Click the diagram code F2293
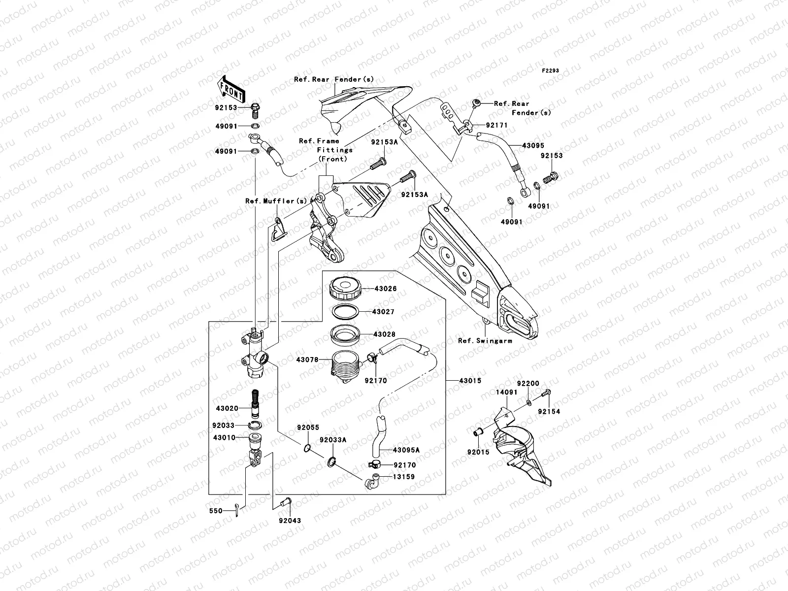(x=551, y=71)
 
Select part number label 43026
(x=385, y=289)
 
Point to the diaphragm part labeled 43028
(x=347, y=335)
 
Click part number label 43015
(x=470, y=381)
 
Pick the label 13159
(x=403, y=477)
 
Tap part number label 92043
(x=290, y=521)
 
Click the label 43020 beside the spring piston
(x=226, y=408)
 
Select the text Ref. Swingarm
(x=485, y=340)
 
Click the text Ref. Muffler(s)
(x=276, y=201)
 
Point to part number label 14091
(x=507, y=393)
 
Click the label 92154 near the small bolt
(x=549, y=411)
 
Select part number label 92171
(x=496, y=126)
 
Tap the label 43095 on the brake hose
(x=533, y=146)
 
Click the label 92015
(x=479, y=452)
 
